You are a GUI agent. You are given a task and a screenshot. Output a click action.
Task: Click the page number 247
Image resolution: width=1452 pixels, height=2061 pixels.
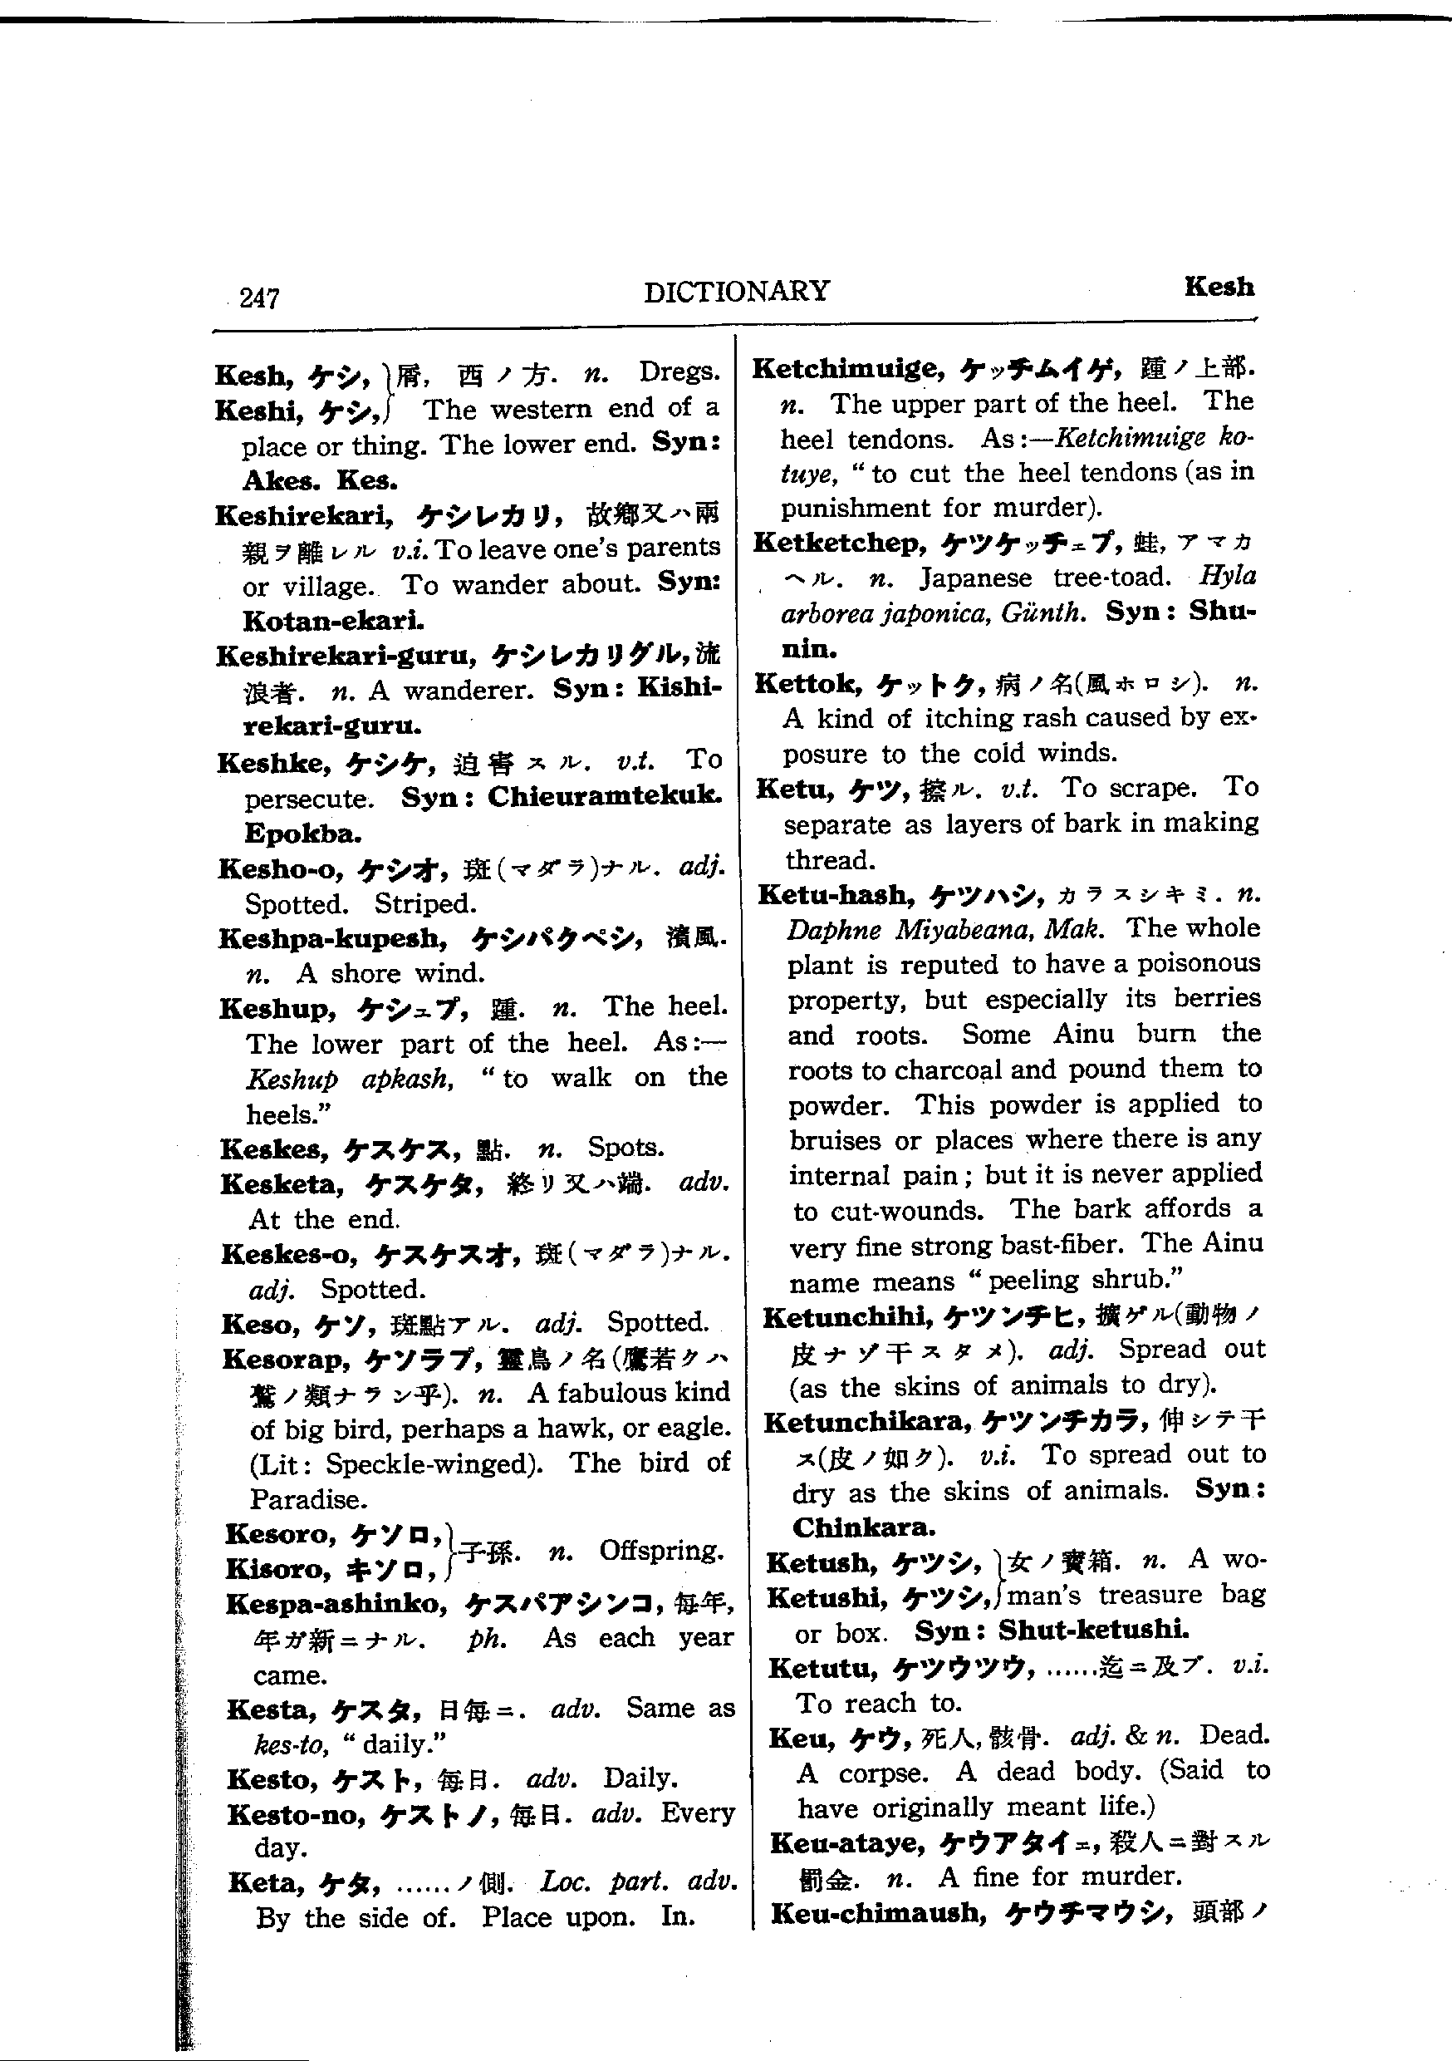click(x=259, y=298)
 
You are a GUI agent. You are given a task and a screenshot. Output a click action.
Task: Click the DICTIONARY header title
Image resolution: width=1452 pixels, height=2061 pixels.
click(x=736, y=291)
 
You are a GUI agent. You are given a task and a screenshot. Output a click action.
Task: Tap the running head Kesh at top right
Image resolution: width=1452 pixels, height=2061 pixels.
click(x=1218, y=287)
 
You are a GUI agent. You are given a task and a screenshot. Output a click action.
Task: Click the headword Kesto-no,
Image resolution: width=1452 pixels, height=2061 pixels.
click(x=297, y=1815)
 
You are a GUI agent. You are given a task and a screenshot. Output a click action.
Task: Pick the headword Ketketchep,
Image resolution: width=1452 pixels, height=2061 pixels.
click(x=839, y=543)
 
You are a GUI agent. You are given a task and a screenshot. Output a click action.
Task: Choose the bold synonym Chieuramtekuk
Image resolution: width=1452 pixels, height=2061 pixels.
click(x=604, y=796)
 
